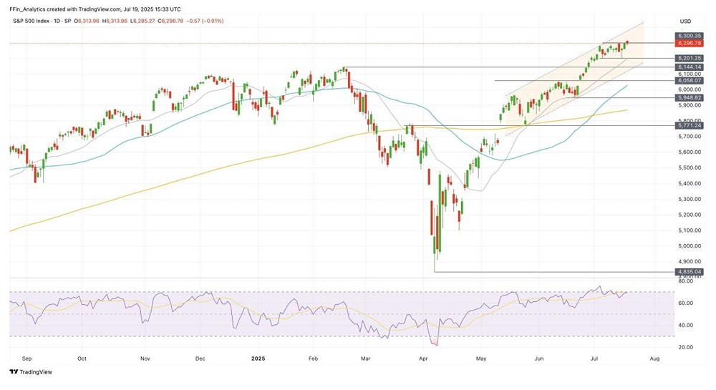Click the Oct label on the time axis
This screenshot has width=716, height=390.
coord(82,356)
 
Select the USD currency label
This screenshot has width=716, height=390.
coord(685,21)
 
